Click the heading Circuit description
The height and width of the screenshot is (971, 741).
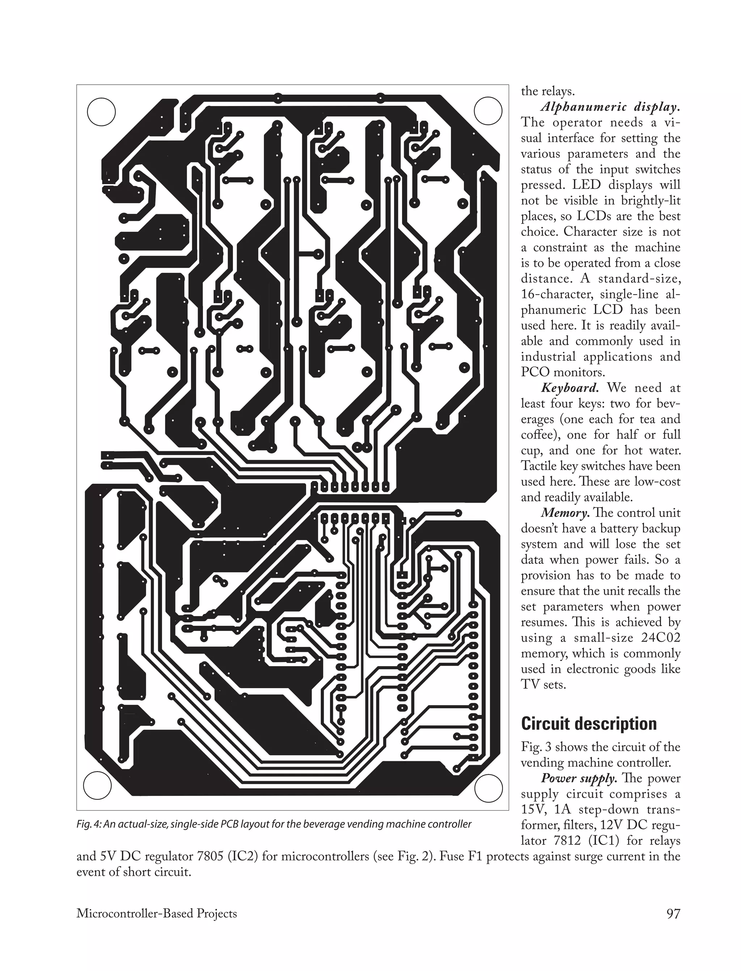click(x=588, y=724)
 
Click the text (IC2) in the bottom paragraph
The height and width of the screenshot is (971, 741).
click(x=239, y=856)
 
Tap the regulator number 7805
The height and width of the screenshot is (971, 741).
click(x=202, y=856)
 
